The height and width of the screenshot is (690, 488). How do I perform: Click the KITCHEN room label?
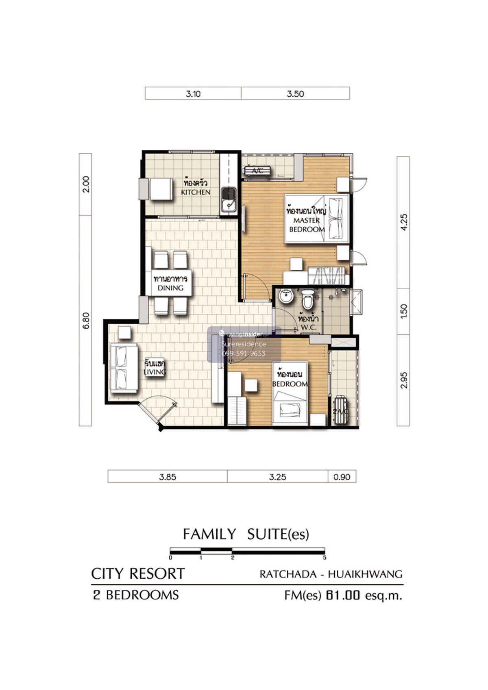(196, 192)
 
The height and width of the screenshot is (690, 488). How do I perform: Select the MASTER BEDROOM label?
(307, 225)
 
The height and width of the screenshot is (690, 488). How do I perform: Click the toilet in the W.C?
(307, 299)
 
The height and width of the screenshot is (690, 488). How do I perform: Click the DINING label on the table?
(170, 288)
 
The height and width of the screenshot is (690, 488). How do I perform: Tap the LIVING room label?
(155, 372)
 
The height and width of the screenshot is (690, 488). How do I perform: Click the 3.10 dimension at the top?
(193, 94)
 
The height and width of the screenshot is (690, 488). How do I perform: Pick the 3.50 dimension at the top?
(295, 94)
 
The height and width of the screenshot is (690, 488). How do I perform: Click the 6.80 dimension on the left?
(86, 320)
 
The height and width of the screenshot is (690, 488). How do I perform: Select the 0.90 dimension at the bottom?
(342, 477)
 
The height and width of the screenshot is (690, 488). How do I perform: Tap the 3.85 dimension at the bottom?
(168, 477)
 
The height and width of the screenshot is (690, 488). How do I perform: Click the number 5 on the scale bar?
(325, 558)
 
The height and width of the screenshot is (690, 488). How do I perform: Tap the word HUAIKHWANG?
(365, 574)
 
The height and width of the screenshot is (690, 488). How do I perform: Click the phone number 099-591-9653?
(244, 353)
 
